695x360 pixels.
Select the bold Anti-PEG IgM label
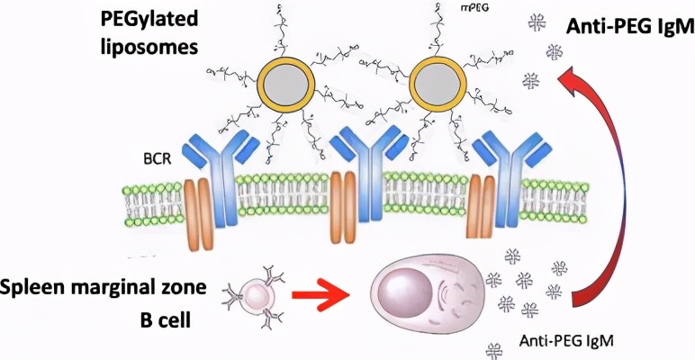coord(620,27)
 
